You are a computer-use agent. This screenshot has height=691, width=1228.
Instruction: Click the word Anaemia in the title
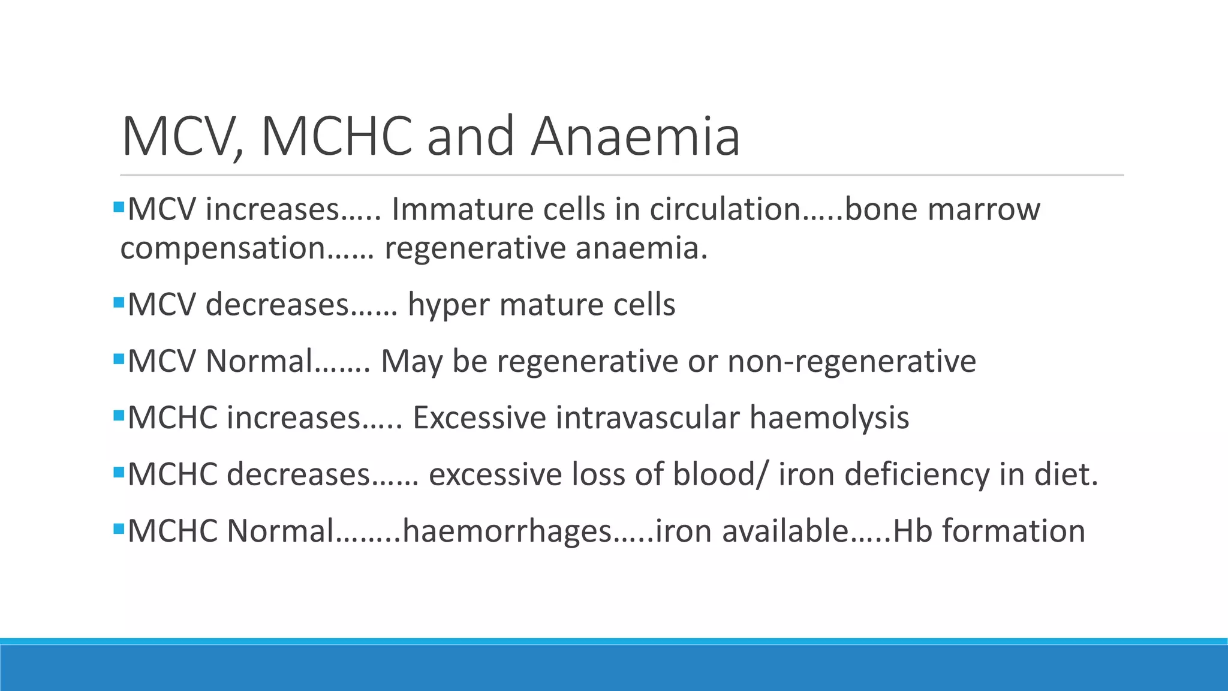pos(636,137)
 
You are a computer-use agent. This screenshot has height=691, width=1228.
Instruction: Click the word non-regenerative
pos(851,362)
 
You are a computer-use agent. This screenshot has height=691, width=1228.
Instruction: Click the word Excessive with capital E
pos(479,418)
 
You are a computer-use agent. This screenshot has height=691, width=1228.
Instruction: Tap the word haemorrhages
pos(507,531)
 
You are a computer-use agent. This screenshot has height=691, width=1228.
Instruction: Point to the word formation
pos(1013,531)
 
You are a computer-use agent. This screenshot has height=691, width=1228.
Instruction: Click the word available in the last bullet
pos(785,531)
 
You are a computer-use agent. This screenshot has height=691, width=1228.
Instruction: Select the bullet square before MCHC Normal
pos(118,528)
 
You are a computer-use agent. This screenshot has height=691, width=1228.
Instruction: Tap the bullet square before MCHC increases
pos(118,414)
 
